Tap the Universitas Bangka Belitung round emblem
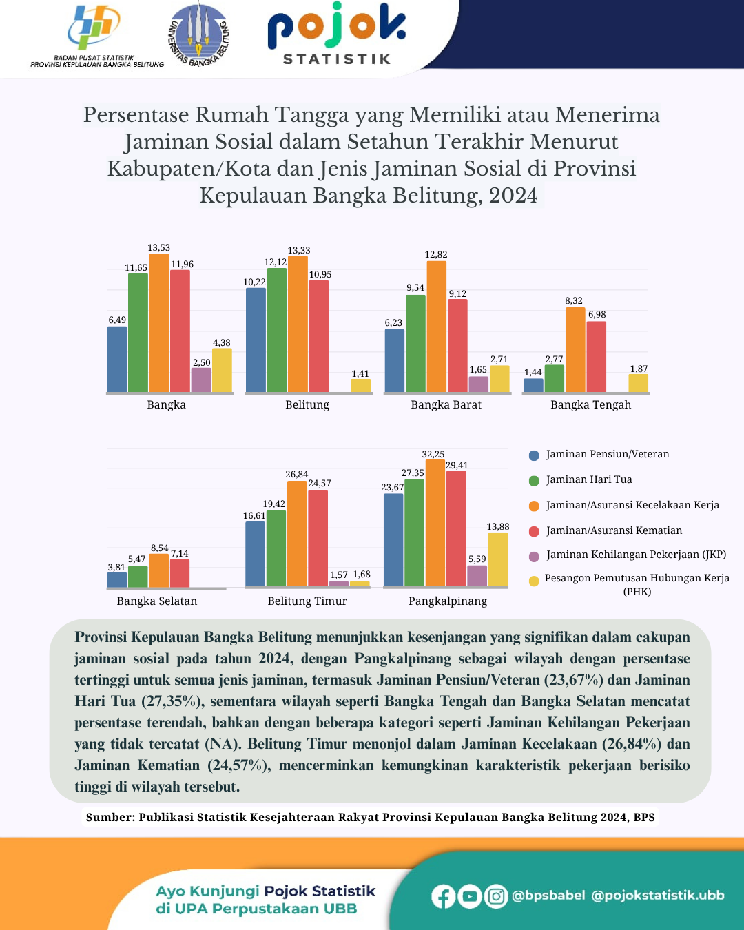198,34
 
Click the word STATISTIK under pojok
337,59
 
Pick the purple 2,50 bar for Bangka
201,380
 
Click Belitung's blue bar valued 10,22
256,340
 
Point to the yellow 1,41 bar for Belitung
360,385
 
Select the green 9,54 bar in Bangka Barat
415,343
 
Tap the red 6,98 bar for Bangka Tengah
597,356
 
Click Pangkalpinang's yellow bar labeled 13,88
497,559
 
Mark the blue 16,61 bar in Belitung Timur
255,553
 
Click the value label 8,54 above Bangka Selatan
160,548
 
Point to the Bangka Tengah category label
590,405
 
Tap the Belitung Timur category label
307,601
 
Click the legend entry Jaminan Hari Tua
589,479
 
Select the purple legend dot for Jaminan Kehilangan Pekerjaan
534,556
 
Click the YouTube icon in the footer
470,896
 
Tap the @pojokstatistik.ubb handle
658,896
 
